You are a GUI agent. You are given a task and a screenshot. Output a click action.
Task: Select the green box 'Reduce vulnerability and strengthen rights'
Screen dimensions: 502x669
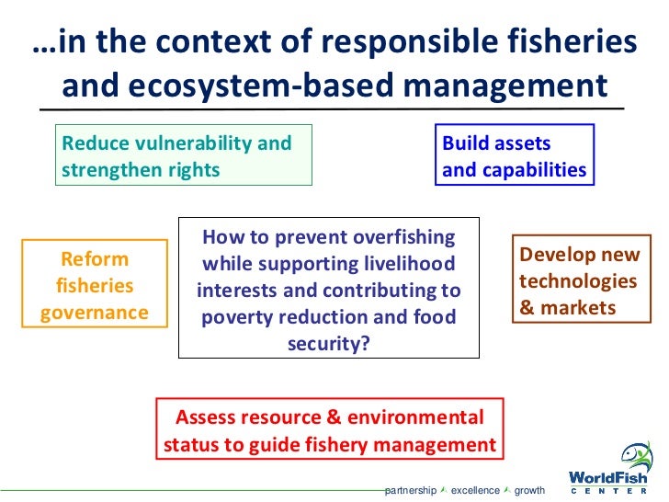pos(184,156)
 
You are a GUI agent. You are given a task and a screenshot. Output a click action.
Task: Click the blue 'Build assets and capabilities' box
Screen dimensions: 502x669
pos(514,156)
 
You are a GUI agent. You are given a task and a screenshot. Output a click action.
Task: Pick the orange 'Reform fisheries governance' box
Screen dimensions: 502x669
pos(95,285)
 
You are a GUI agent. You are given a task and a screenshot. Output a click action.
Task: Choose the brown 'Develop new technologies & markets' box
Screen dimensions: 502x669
pos(579,281)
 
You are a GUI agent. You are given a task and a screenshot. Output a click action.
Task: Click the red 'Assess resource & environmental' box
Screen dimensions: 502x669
pos(330,431)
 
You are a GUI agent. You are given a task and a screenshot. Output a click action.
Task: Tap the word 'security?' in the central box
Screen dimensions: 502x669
pos(328,344)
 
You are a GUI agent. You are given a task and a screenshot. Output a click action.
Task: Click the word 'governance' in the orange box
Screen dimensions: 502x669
pos(95,312)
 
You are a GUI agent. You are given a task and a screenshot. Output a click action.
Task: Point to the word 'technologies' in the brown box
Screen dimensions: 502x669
pos(578,281)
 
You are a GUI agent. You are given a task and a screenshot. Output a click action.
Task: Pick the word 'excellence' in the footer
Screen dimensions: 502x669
pos(475,491)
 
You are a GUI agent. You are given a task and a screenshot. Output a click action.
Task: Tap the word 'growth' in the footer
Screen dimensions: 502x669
pos(529,491)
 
